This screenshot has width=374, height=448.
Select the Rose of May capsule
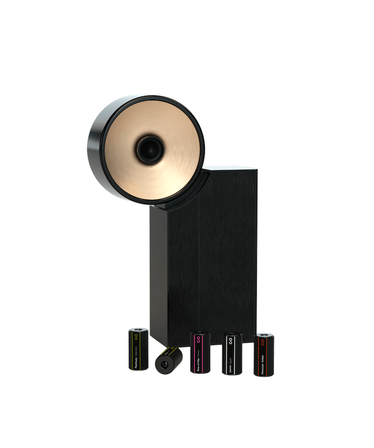point(200,353)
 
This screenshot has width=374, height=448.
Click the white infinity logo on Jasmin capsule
point(230,340)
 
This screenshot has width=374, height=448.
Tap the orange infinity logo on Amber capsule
point(262,341)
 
